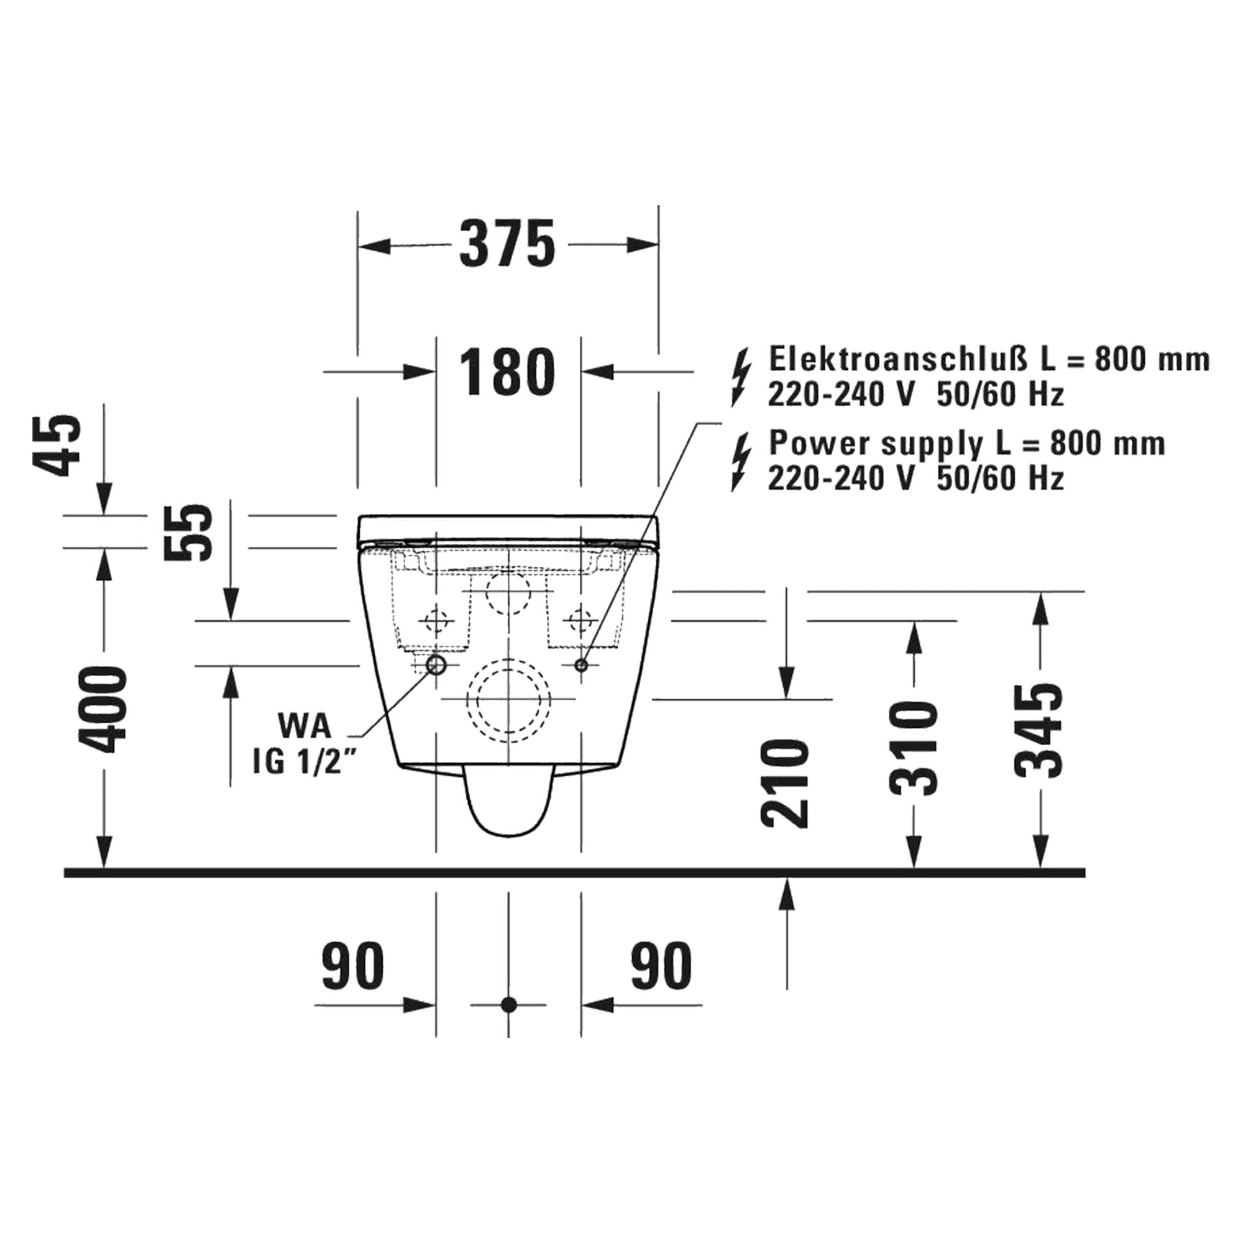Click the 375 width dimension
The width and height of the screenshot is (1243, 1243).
click(508, 244)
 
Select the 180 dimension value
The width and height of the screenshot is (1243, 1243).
click(508, 372)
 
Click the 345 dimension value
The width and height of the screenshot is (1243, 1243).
click(1038, 731)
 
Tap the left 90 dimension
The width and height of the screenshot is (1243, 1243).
click(352, 967)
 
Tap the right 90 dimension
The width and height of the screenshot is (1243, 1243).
click(661, 967)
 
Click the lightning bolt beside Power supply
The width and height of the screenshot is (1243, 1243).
click(742, 462)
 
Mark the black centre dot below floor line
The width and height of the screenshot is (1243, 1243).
click(508, 1022)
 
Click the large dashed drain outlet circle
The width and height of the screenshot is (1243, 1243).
click(509, 699)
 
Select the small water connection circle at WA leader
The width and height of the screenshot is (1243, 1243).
click(437, 664)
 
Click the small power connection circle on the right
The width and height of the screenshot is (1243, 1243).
click(581, 665)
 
